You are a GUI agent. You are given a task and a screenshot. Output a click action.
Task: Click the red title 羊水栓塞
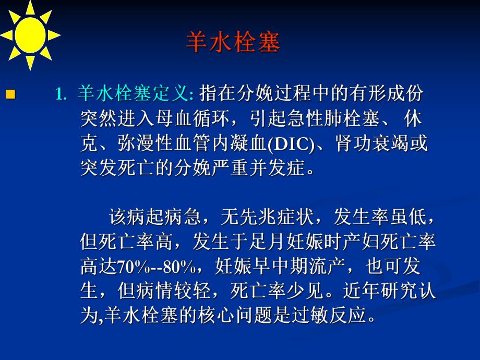(x=233, y=43)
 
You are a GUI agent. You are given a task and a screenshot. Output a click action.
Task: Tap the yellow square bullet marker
(x=10, y=95)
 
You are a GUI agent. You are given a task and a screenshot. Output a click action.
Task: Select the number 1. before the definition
(x=62, y=95)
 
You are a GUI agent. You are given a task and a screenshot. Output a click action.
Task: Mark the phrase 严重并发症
(x=267, y=170)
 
